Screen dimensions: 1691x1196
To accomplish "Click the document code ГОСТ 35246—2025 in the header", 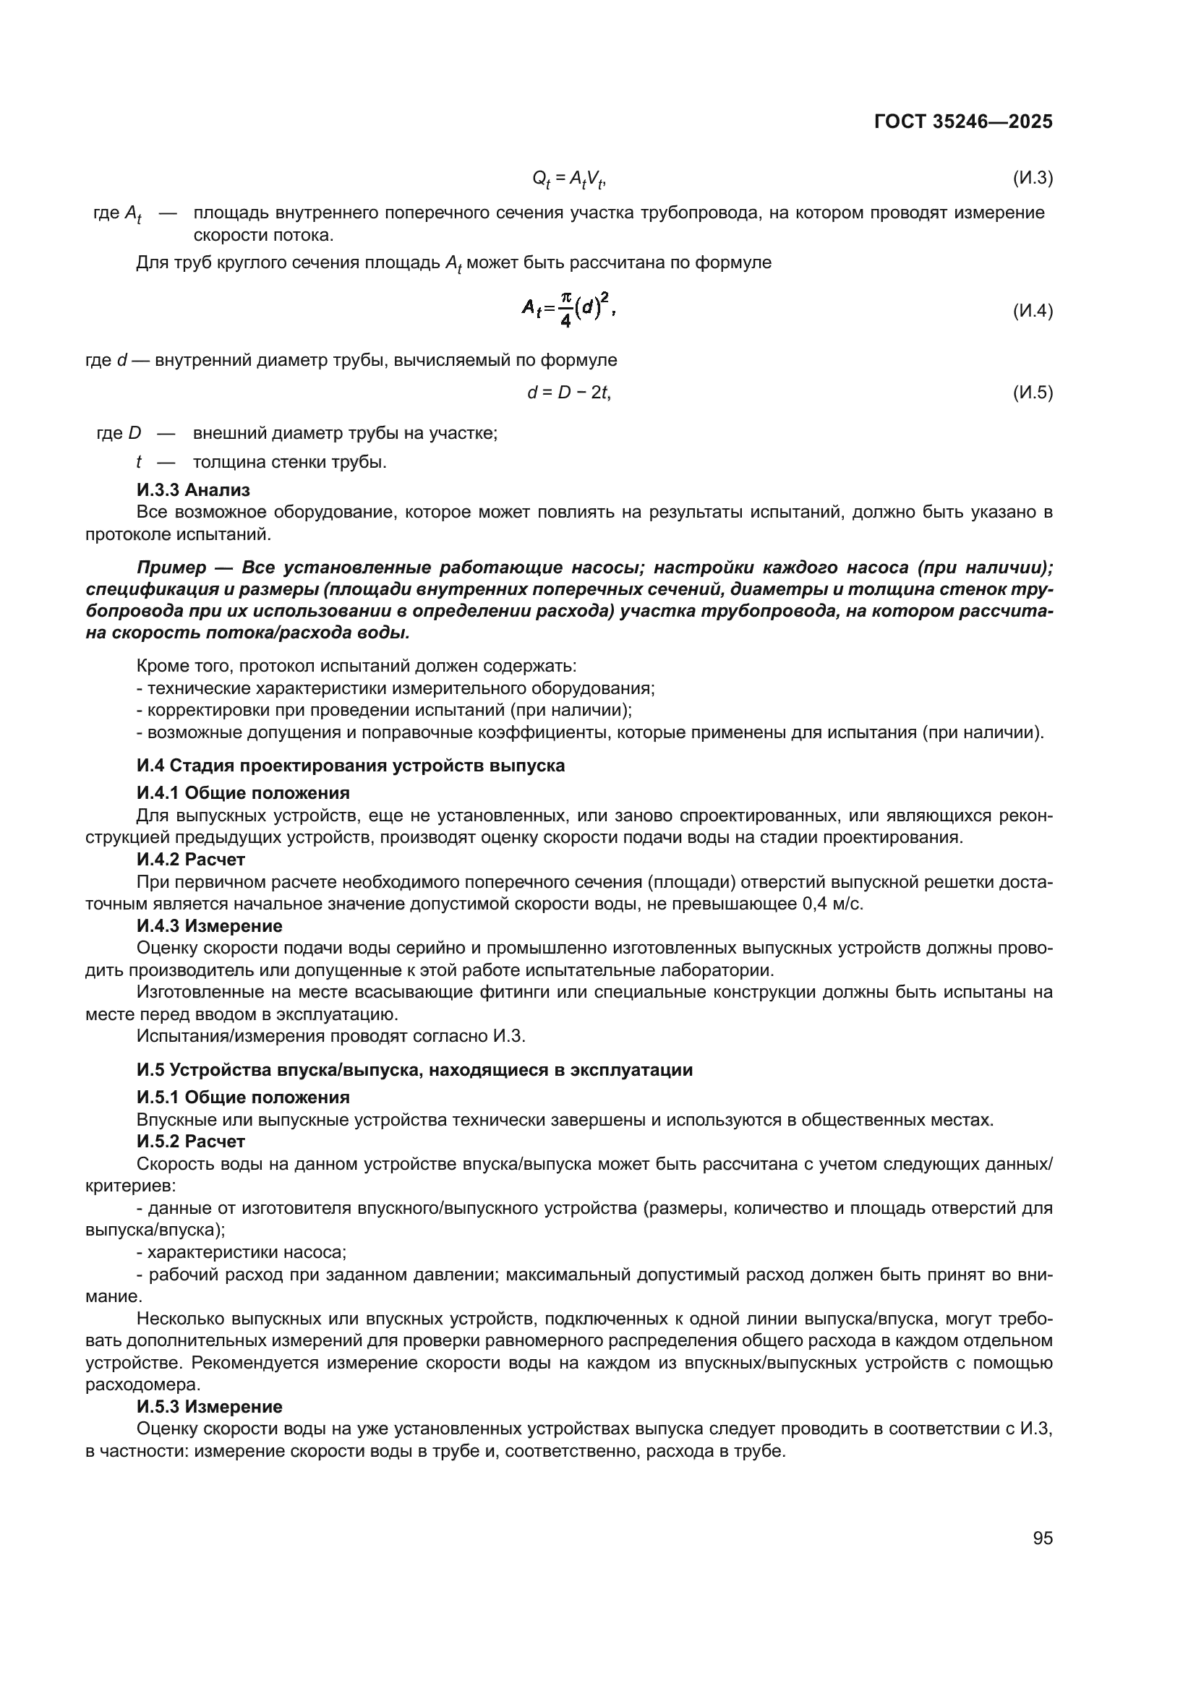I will point(962,121).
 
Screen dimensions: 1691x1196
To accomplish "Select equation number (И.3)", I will point(1033,178).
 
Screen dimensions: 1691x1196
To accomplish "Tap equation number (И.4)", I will point(1033,311).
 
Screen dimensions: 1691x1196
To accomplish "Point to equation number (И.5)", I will point(1033,393).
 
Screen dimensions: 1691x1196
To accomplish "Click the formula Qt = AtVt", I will point(568,179).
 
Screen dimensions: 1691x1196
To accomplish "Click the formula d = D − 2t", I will point(568,393).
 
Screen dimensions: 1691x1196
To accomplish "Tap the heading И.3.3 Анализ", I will point(193,489).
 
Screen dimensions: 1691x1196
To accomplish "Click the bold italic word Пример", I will point(171,567).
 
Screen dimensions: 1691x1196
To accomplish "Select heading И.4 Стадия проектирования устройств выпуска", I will point(351,765).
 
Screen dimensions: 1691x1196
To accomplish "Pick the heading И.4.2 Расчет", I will point(191,860).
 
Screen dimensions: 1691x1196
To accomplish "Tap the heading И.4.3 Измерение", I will point(209,926).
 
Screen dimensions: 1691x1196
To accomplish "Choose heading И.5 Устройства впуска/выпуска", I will point(414,1069).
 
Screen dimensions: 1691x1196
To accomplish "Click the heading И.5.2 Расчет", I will point(191,1141).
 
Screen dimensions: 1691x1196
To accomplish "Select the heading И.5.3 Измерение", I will point(209,1407).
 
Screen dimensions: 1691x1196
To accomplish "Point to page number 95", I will point(1042,1538).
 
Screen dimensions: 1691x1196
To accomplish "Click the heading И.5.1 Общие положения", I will point(243,1097).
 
